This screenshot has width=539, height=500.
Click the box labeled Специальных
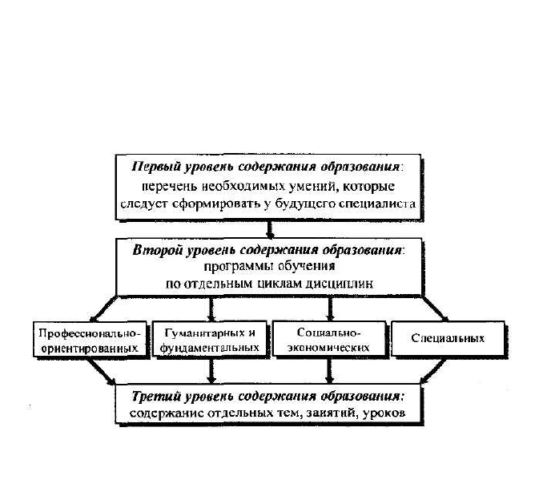(448, 338)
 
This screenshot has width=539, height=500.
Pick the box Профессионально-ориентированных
(90, 339)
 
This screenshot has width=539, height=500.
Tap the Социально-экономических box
(329, 338)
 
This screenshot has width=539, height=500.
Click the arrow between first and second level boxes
(270, 228)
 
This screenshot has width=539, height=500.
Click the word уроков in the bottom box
(384, 413)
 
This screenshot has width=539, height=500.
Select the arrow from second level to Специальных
(435, 308)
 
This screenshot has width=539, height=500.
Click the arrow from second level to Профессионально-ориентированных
(103, 308)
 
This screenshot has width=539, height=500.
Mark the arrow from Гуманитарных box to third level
(211, 370)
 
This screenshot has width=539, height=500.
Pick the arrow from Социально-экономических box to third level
(330, 370)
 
